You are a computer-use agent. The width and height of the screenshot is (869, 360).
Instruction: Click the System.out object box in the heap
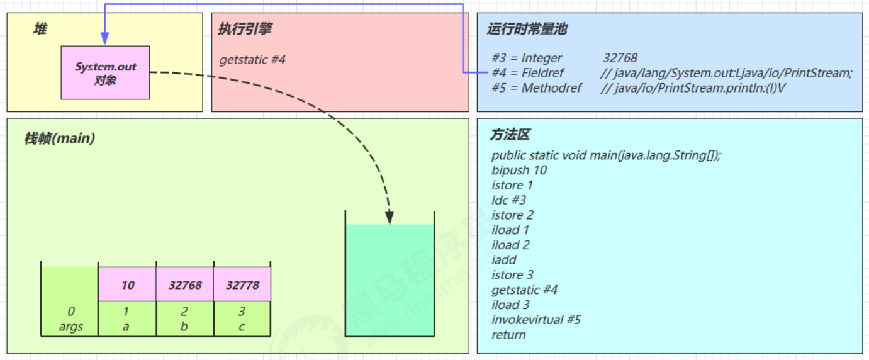[105, 72]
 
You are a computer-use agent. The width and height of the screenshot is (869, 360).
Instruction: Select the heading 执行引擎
[245, 29]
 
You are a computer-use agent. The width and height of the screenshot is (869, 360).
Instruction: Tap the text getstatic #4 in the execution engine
[252, 60]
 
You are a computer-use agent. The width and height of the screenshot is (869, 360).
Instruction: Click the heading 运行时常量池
[527, 29]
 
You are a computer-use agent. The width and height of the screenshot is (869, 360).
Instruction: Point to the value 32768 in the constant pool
[620, 58]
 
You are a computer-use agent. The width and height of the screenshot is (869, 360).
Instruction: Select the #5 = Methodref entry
[537, 88]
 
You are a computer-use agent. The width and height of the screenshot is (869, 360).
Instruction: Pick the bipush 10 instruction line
[519, 170]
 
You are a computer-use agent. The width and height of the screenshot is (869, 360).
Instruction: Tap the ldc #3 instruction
[508, 200]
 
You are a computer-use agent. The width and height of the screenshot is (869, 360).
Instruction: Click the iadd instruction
[504, 260]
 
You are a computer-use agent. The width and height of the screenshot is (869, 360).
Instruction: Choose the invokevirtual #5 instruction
[536, 320]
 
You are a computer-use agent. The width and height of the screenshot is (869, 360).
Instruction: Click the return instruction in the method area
[508, 335]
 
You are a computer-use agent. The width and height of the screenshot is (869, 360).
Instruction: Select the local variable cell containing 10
[128, 285]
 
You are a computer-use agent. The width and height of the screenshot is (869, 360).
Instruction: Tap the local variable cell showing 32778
[242, 285]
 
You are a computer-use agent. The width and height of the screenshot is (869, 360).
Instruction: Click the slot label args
[70, 327]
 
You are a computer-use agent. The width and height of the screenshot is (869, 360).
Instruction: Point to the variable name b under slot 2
[184, 327]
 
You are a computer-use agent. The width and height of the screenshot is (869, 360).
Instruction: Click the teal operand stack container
[390, 280]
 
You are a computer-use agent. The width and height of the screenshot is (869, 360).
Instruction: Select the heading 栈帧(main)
[59, 138]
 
